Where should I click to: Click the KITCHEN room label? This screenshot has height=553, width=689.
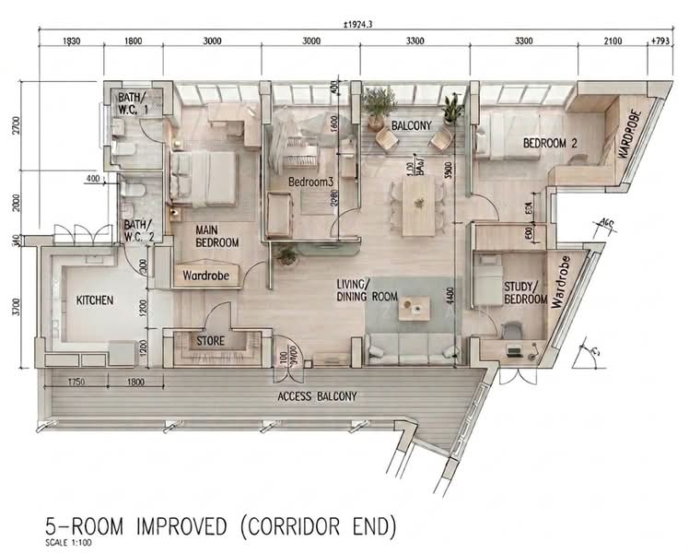tap(95, 300)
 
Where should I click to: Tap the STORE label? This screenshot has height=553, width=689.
tap(211, 341)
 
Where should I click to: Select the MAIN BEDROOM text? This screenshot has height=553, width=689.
tap(216, 236)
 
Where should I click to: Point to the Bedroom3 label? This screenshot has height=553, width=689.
tap(309, 182)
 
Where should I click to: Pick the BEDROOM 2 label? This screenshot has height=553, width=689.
tap(550, 143)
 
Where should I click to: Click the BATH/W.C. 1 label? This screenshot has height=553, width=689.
tap(132, 103)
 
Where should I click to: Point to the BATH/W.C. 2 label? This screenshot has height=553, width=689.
tap(139, 230)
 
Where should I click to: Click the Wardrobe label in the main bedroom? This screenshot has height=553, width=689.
tap(206, 275)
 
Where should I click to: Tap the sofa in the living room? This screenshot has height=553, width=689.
tap(412, 348)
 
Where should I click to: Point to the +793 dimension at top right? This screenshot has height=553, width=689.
tap(660, 41)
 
